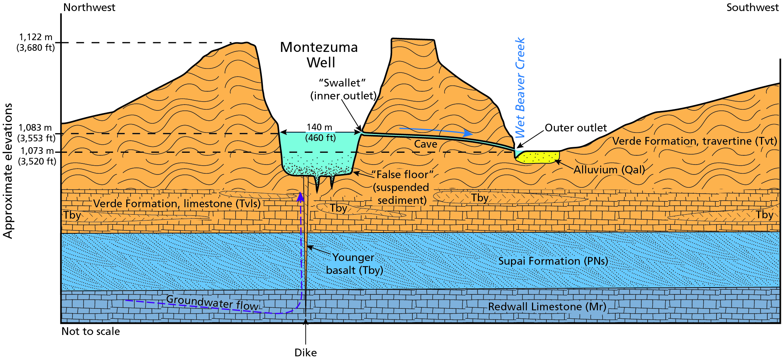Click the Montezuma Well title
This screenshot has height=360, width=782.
coord(319,54)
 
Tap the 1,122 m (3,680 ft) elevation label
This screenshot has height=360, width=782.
coord(36,42)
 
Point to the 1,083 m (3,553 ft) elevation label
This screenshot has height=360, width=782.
coord(36,133)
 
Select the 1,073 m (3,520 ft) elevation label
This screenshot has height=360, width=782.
coord(37,156)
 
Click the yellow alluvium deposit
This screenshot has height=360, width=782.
coord(538,157)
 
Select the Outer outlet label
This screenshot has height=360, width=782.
coord(575,128)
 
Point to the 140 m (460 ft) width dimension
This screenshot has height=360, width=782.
coord(320,133)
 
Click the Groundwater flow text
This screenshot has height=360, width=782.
coord(212,303)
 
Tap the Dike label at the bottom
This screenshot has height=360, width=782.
coord(306,353)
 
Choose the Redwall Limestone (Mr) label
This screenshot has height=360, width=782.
coord(547,307)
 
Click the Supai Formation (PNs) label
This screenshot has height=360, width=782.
coord(553,261)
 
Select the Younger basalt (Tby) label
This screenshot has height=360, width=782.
coord(354,264)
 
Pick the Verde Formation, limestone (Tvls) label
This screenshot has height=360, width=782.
coord(177,204)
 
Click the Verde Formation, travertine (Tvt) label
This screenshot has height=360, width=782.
coord(694,141)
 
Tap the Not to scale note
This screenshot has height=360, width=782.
coord(91,331)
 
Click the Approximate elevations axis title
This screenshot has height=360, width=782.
coord(8,171)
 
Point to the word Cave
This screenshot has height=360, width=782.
coord(426,144)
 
